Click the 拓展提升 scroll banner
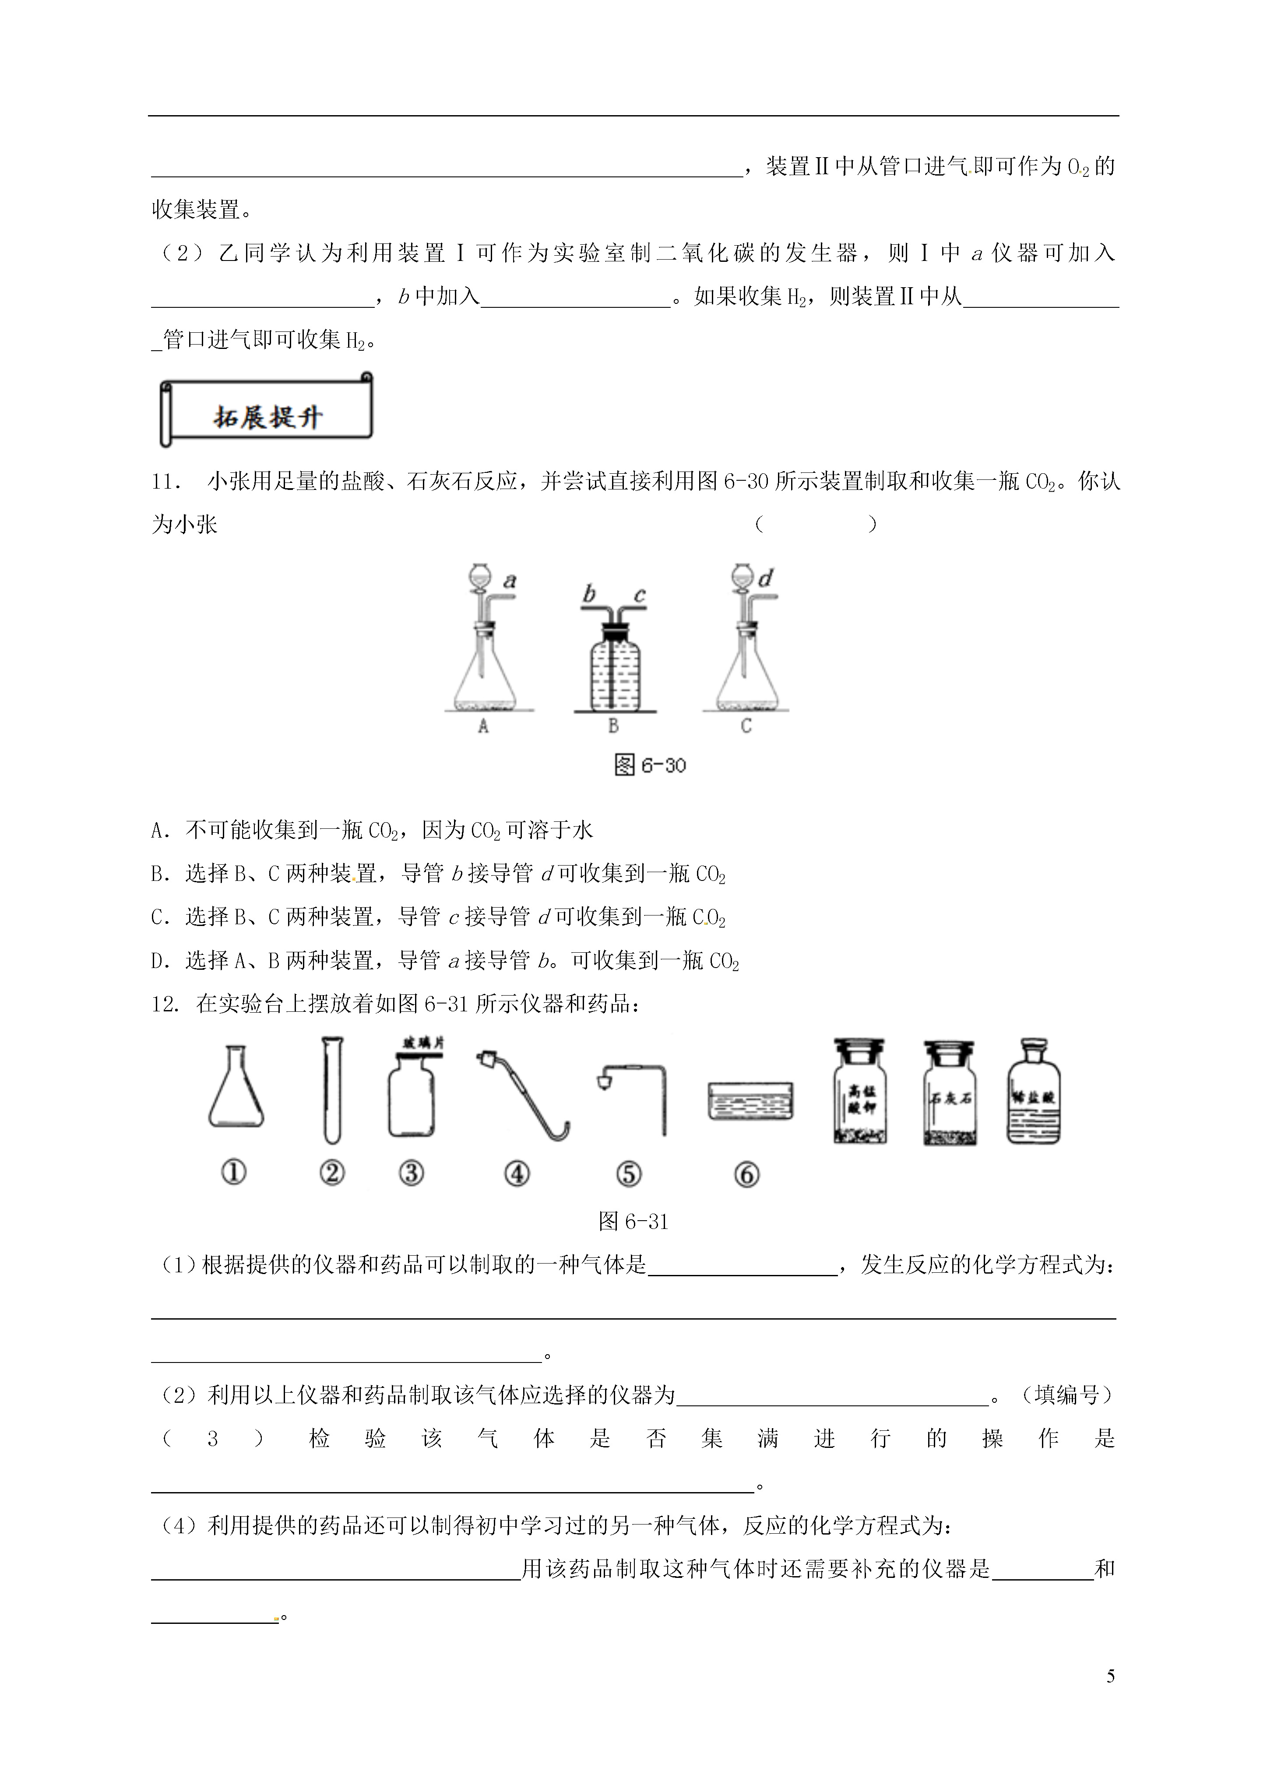point(266,411)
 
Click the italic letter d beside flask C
point(766,578)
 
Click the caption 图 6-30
point(650,765)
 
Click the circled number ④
point(517,1173)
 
